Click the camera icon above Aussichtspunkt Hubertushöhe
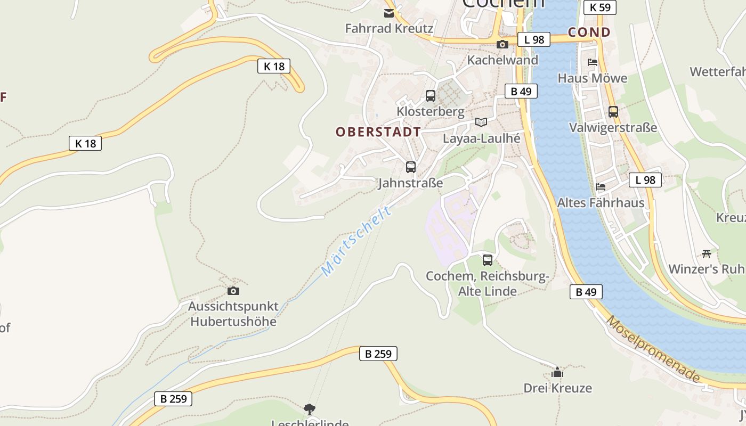[233, 291]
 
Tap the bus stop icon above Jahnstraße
[411, 167]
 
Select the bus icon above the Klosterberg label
[431, 96]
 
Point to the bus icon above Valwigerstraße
[613, 112]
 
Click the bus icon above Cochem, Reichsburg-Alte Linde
[488, 260]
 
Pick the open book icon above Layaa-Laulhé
[481, 122]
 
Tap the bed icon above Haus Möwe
[593, 62]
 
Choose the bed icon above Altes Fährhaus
[601, 187]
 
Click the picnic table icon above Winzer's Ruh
[707, 253]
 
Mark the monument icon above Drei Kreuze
[557, 372]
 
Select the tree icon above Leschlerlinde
[309, 409]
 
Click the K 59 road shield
[600, 7]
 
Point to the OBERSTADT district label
[378, 132]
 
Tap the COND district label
[589, 32]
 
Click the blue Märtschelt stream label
[356, 241]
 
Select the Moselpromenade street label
[653, 349]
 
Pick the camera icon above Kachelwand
[502, 45]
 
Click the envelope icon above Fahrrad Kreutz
[389, 13]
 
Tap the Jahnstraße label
[410, 183]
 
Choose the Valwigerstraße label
[613, 128]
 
